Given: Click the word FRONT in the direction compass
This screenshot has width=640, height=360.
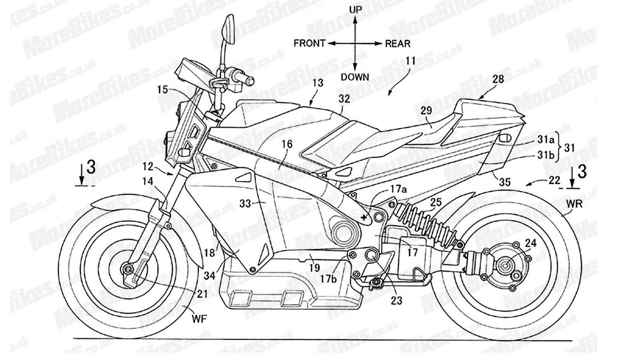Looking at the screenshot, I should click(309, 43).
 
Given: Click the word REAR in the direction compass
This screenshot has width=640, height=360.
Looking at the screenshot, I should click(398, 43).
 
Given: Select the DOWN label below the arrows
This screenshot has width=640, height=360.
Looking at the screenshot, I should click(355, 77).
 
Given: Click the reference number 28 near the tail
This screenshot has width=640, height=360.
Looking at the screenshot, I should click(498, 79).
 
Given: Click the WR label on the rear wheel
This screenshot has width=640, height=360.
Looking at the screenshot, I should click(574, 204).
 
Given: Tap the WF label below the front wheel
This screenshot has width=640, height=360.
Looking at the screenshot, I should click(200, 319).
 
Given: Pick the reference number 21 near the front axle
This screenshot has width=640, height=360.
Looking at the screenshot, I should click(202, 294).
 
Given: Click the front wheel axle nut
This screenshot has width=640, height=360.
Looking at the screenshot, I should click(129, 270).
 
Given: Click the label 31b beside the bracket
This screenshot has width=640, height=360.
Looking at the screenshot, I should click(546, 156).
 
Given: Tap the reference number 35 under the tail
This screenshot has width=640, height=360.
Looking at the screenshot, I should click(505, 182).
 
